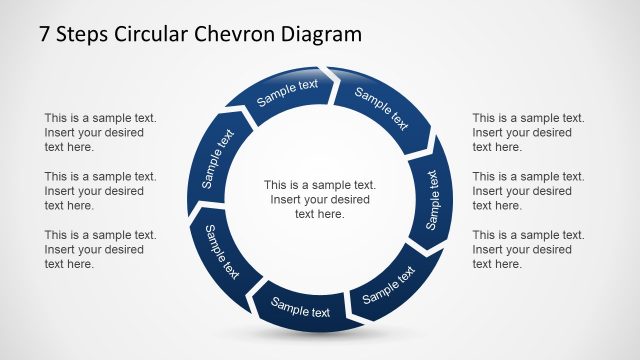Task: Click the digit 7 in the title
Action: coord(45,35)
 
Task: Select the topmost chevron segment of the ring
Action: coord(287,92)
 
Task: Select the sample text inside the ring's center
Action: coord(320,199)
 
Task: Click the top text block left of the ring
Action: coord(100,132)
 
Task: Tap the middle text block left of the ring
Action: coord(100,190)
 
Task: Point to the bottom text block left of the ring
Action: coord(100,249)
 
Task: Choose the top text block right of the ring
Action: coord(528,132)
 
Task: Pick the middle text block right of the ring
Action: coord(528,190)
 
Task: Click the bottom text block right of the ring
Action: coord(528,249)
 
